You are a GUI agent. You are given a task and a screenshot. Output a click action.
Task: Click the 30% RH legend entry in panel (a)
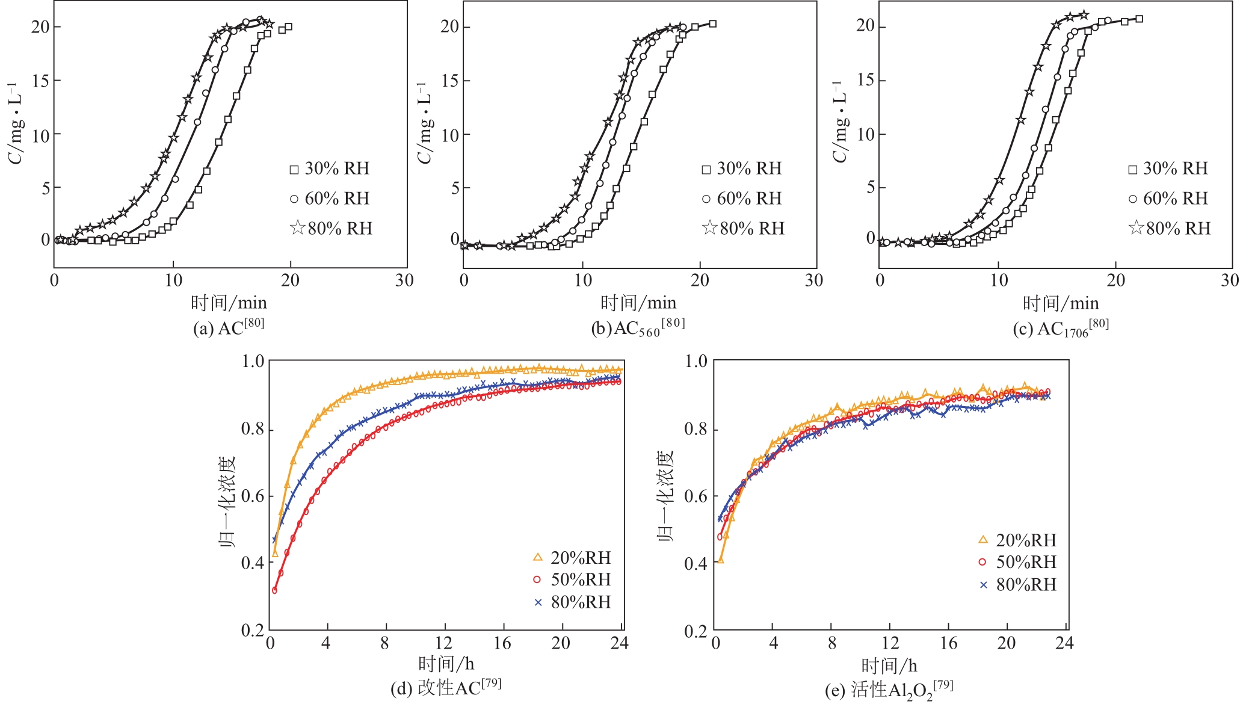point(330,168)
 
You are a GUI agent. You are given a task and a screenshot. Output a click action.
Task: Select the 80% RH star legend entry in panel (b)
point(744,228)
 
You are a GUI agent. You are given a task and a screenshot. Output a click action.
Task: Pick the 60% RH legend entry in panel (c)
point(1168,198)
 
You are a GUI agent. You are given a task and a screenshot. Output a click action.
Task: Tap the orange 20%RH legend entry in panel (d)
point(572,558)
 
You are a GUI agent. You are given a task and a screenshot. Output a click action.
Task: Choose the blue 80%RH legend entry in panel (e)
point(1018,584)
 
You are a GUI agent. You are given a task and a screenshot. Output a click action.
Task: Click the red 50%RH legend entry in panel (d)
point(572,579)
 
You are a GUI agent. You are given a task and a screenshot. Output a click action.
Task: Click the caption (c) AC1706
point(1060,328)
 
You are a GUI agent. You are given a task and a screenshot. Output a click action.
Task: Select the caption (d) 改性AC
point(446,687)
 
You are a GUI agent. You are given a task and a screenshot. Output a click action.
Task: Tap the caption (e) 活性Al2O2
point(889,690)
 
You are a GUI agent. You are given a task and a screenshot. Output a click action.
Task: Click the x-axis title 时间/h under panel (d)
point(446,664)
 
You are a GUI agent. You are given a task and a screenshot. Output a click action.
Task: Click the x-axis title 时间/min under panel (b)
point(638,302)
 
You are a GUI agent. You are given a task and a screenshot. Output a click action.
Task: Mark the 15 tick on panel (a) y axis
point(41,81)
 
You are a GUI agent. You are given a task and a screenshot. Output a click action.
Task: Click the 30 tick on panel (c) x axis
point(1230,280)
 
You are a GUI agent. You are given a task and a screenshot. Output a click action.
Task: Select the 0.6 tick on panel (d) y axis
point(253,496)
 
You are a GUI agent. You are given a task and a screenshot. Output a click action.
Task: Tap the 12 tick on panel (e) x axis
point(890,643)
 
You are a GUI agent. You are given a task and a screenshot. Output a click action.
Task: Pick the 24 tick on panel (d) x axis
point(619,643)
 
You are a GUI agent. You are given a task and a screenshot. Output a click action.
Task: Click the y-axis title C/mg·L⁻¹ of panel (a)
point(16,123)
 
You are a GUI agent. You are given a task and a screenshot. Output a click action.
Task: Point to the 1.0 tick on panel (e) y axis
point(696,361)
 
